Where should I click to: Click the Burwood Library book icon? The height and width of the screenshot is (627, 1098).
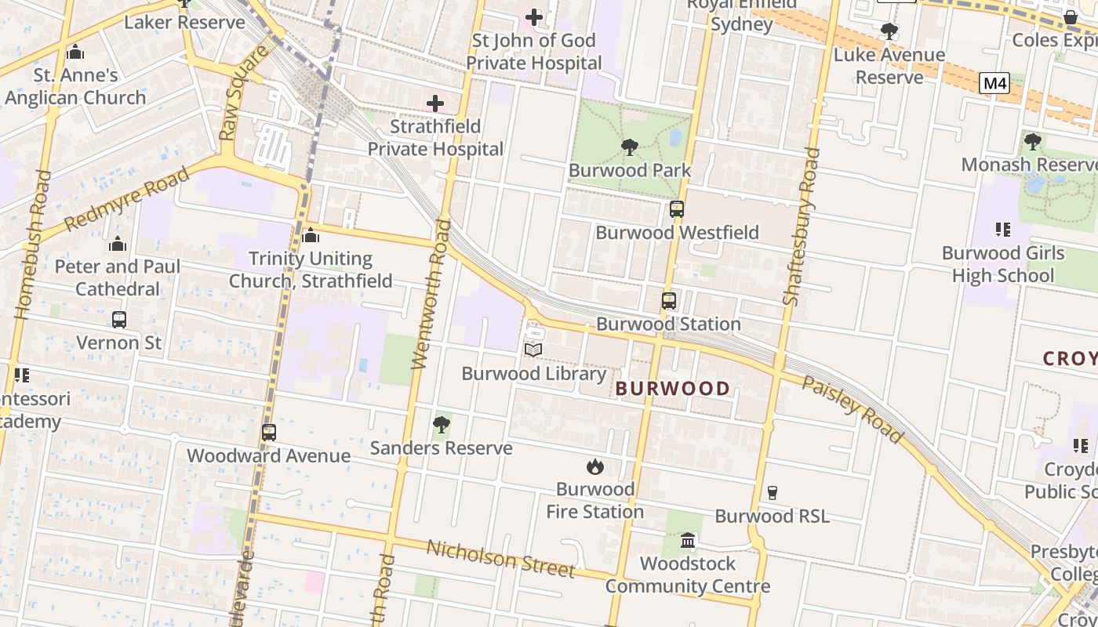pos(533,350)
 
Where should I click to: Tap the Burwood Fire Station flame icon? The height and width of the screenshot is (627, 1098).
pos(595,466)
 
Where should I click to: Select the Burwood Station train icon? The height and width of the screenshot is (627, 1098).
pos(668,300)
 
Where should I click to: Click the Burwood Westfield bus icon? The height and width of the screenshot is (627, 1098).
pos(676,209)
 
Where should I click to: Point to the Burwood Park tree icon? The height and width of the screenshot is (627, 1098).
pos(629,147)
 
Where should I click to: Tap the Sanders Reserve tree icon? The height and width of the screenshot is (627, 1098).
pos(441,425)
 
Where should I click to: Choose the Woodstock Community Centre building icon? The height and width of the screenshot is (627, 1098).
pos(688,540)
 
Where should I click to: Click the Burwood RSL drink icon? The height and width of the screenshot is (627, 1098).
pos(772,492)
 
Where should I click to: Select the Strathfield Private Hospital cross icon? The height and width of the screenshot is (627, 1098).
pos(435,103)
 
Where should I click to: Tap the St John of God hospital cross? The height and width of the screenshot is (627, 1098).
pos(534,16)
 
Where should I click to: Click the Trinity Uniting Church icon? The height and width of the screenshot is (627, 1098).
pos(311,235)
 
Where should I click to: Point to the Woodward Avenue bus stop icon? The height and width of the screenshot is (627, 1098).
pos(269,432)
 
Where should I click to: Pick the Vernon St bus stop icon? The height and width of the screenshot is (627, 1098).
pos(119,320)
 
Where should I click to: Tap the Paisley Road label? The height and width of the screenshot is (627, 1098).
pos(852,409)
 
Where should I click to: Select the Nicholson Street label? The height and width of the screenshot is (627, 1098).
pos(500,558)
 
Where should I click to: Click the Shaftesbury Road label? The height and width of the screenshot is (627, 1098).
pos(802,227)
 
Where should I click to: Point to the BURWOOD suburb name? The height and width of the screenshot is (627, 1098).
pos(672,388)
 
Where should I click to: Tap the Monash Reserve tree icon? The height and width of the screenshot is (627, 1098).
pos(1032,142)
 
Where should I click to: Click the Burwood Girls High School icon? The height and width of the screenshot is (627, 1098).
pos(1002,230)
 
